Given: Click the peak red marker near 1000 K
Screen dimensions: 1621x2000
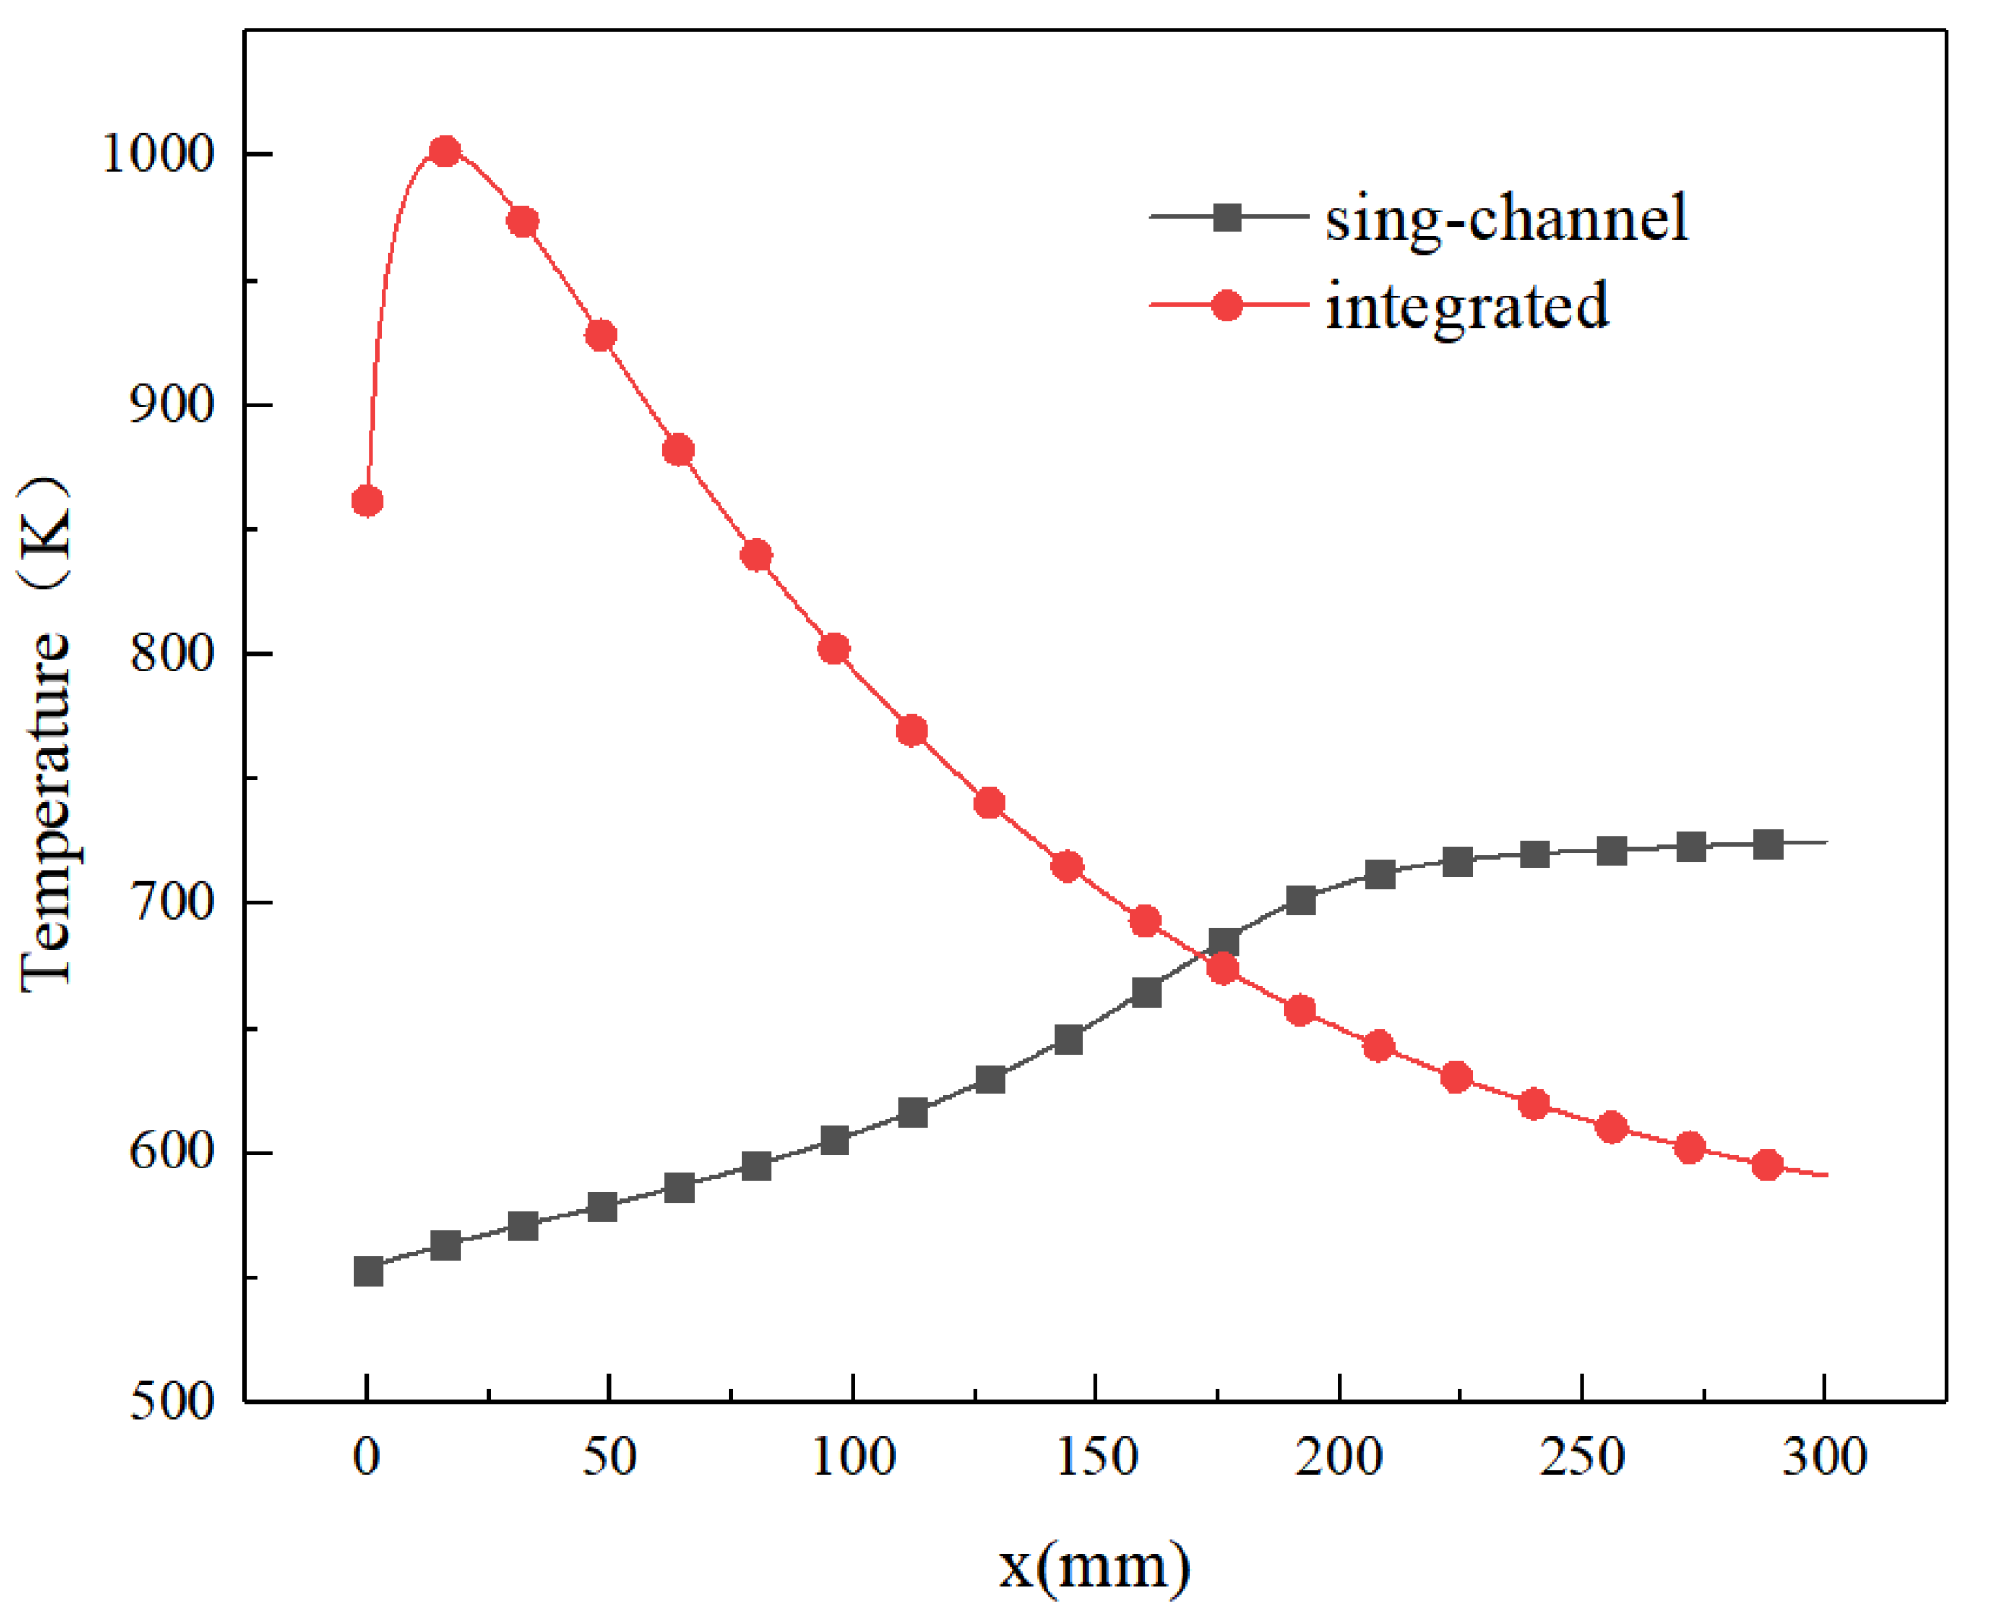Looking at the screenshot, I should [445, 151].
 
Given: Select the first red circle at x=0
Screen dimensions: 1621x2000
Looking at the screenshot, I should [367, 501].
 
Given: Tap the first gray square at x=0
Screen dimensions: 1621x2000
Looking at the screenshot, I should [368, 1271].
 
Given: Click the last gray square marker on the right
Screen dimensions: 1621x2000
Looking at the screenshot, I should [1767, 844].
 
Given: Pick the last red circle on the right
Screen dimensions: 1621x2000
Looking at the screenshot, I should [1766, 1165].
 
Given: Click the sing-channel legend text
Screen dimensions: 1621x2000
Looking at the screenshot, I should [1506, 218].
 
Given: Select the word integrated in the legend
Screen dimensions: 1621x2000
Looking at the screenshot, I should [1467, 306].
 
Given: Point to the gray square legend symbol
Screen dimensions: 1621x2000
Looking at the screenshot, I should [1227, 217].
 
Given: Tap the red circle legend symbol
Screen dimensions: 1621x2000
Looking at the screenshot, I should [1226, 305].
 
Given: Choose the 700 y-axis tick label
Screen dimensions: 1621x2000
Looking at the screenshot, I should [173, 902].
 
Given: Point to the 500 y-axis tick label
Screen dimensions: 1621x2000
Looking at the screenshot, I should [173, 1401].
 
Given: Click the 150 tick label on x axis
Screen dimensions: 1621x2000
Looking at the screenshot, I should [1097, 1457].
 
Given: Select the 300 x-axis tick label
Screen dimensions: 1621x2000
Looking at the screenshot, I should [1824, 1457].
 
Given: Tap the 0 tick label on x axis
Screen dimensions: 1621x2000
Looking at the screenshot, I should [367, 1457].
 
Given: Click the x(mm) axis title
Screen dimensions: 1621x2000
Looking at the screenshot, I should [1095, 1566].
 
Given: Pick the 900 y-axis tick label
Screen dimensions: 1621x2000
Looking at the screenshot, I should [173, 404].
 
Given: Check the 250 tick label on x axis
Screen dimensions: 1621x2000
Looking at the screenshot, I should [1582, 1457].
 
